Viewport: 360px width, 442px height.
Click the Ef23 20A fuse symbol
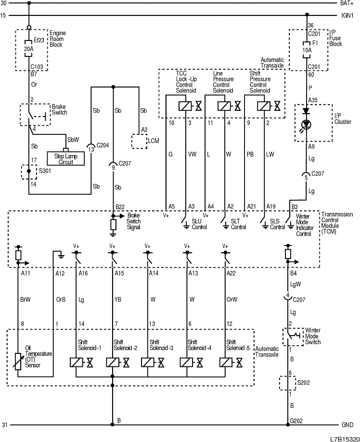pyautogui.click(x=29, y=49)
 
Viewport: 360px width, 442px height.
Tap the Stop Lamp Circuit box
pyautogui.click(x=65, y=158)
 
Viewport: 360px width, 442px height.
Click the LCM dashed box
pyautogui.click(x=140, y=141)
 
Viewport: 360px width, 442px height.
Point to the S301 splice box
pyautogui.click(x=29, y=172)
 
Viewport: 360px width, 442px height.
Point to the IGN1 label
pyautogui.click(x=347, y=15)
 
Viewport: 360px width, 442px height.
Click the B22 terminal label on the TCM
pyautogui.click(x=120, y=207)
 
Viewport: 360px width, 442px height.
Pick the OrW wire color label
pyautogui.click(x=232, y=299)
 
